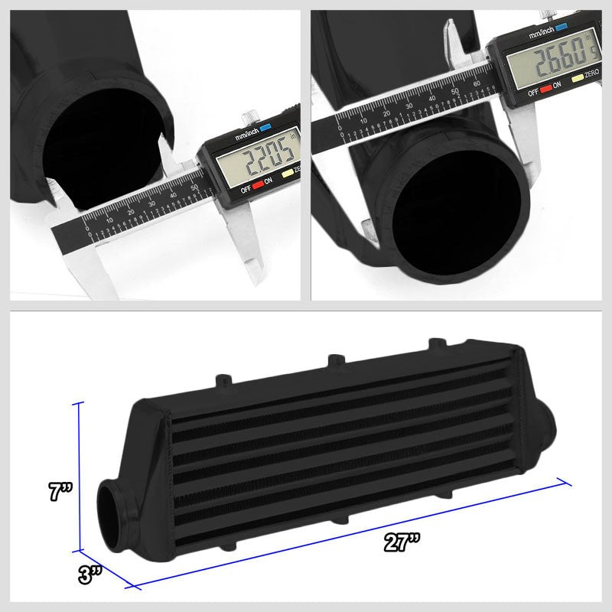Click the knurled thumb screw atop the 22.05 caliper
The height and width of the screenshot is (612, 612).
pos(248,118)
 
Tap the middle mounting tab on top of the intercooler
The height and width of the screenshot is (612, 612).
pos(334,360)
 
